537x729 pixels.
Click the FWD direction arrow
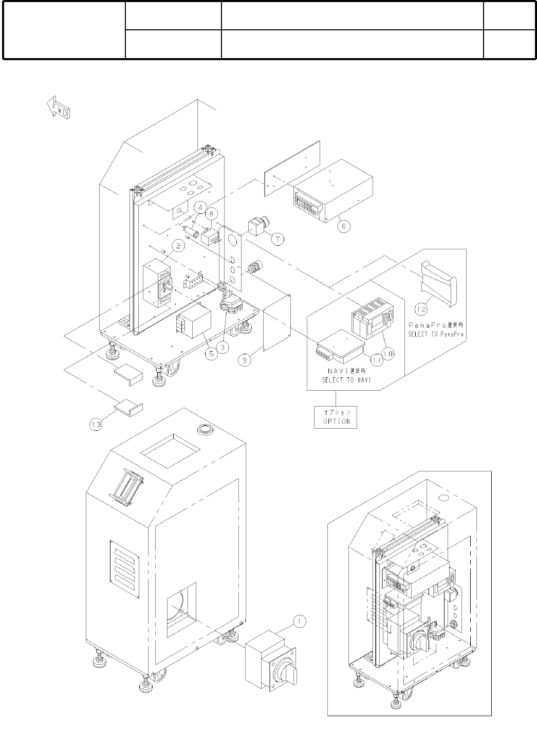click(58, 108)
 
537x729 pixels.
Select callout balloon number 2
click(178, 246)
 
